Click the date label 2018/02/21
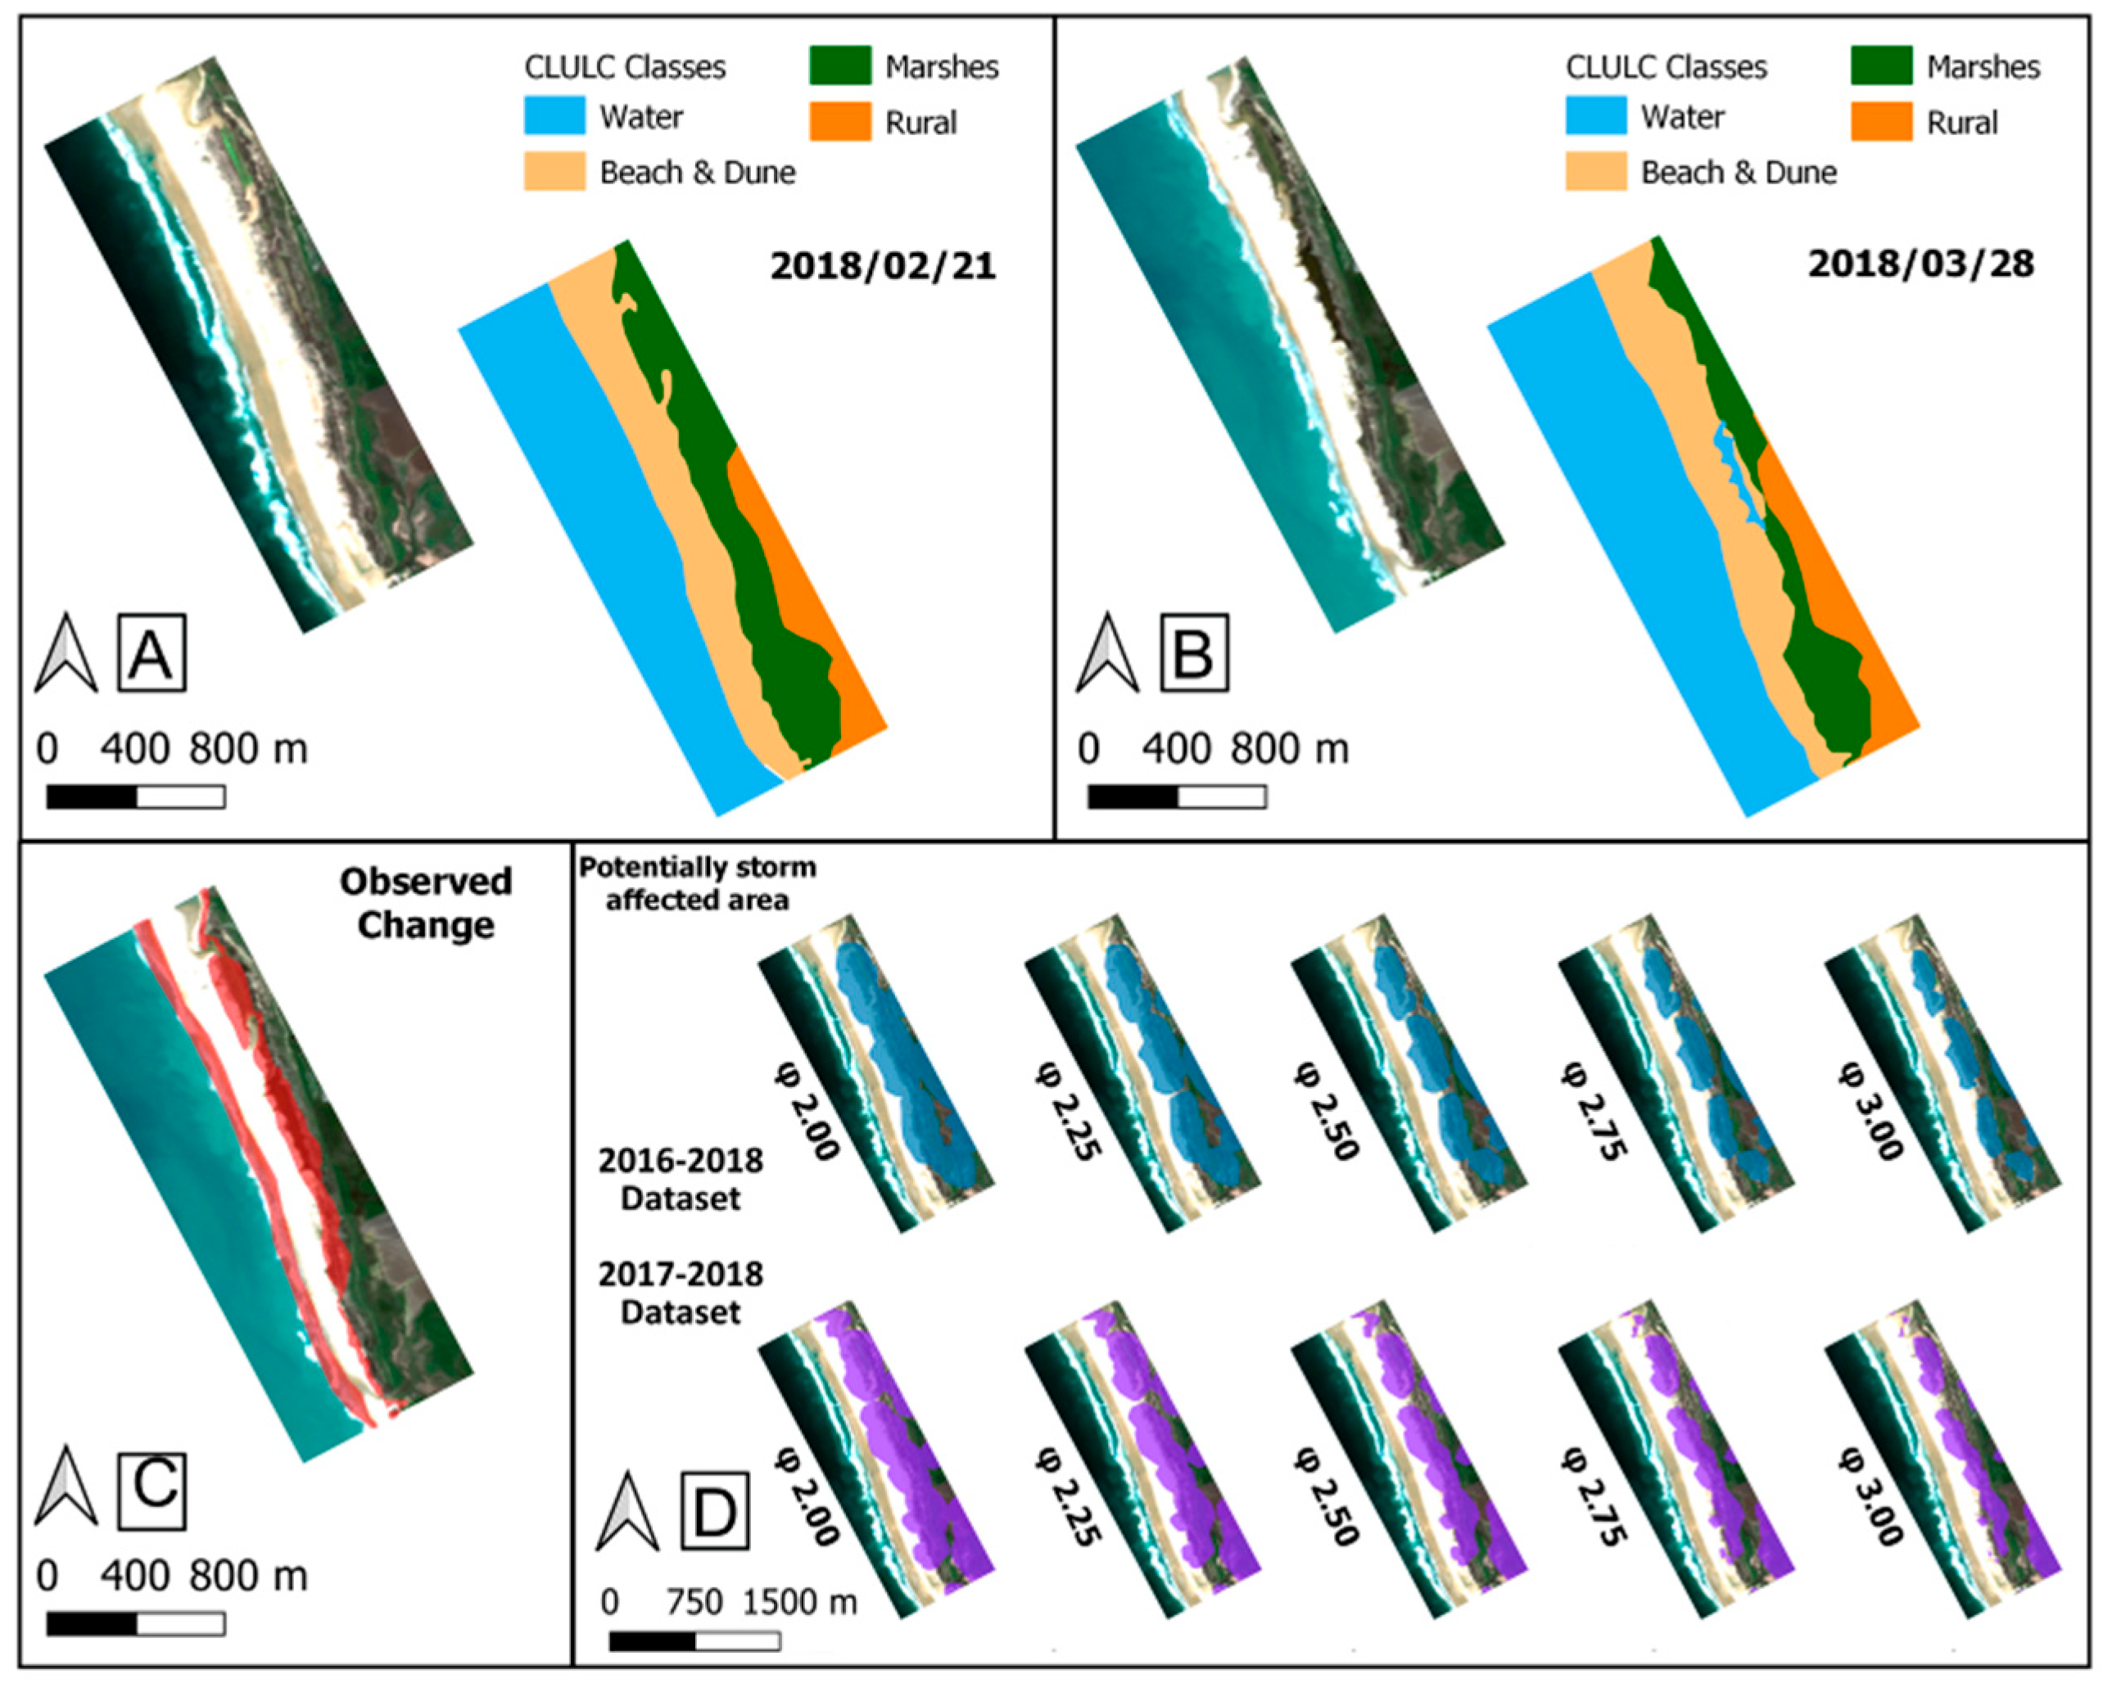pos(883,266)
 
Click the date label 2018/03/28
pos(1920,264)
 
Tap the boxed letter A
pos(152,653)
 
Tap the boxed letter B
pos(1194,653)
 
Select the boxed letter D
pos(714,1511)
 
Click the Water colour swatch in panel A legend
pos(554,116)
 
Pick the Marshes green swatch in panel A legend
pos(840,65)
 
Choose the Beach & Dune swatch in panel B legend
pos(1596,172)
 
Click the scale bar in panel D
pos(694,1642)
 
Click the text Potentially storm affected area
pos(698,883)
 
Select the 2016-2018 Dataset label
pos(680,1179)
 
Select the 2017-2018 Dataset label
pos(680,1293)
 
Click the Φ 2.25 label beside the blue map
pos(1068,1112)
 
